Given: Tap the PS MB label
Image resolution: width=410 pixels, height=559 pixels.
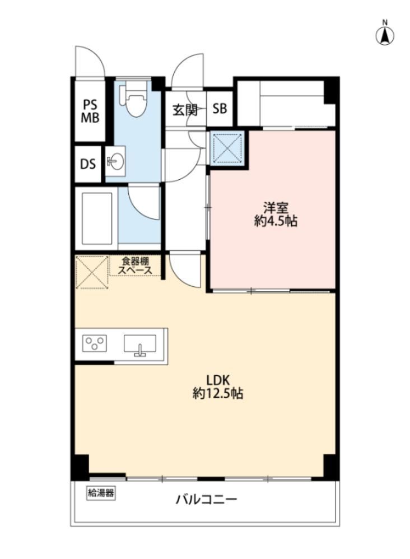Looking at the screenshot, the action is tap(90, 111).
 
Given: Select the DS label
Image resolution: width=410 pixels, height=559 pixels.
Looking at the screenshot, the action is tap(88, 164).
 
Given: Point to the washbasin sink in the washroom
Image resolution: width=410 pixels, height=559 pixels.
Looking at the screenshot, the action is tap(115, 161).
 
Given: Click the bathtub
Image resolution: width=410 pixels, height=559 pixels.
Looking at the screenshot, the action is tap(97, 218).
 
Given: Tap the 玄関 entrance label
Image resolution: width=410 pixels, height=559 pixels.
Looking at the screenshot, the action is tap(185, 109).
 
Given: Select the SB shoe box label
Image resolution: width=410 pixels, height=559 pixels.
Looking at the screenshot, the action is tap(220, 108).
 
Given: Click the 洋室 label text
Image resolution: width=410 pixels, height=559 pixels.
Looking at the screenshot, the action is tap(276, 207).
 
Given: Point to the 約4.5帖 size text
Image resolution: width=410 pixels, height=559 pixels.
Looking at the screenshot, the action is tap(276, 221).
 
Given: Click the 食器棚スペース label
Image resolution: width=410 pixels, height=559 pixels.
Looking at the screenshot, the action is tap(135, 265).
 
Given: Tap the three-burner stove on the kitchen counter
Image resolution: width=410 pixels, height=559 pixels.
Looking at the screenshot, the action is tap(95, 343).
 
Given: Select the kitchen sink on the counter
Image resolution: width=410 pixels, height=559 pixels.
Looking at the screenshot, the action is tap(140, 344).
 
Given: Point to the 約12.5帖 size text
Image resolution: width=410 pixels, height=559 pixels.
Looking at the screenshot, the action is tap(218, 393).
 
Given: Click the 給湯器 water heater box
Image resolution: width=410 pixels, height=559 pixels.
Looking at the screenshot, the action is tap(101, 493).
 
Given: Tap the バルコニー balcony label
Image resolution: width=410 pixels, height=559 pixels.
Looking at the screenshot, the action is tap(207, 500).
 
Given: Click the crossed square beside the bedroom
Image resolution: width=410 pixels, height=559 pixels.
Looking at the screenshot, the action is tap(227, 147).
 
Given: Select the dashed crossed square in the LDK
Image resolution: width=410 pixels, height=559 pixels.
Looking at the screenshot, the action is tap(92, 272).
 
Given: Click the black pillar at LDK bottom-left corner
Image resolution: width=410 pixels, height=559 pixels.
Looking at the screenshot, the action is tap(80, 467).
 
